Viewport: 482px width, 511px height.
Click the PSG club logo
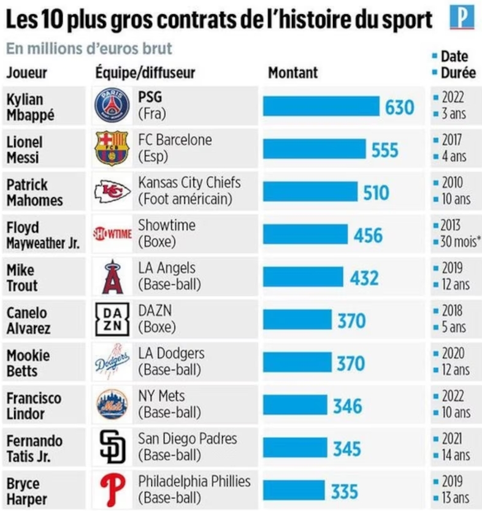point(112,106)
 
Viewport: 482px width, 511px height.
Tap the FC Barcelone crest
point(112,148)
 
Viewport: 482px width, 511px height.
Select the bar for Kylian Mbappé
point(321,107)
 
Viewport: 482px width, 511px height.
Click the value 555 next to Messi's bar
point(384,150)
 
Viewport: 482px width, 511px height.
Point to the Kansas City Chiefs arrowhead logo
point(112,192)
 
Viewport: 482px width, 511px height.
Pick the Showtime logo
point(112,234)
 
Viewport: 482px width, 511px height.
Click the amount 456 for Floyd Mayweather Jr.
point(368,235)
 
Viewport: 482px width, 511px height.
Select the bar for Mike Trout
point(304,277)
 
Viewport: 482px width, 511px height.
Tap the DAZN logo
point(112,320)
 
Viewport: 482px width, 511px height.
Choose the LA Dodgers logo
point(112,363)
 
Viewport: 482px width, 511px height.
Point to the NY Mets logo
point(112,405)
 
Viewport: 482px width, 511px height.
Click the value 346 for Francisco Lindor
point(348,405)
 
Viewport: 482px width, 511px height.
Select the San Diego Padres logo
point(112,448)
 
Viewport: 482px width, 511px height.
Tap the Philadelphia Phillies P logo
point(112,490)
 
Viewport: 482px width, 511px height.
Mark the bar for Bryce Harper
point(294,491)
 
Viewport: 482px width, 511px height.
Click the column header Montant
point(293,72)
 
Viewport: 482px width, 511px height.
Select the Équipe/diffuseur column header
point(145,72)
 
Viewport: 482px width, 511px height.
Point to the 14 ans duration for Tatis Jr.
point(456,456)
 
